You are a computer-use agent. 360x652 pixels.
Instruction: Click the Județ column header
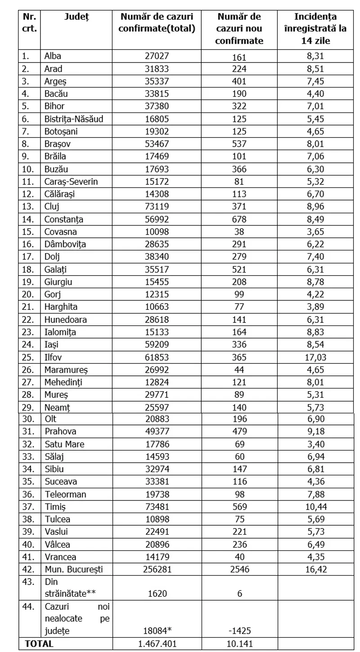tap(76, 17)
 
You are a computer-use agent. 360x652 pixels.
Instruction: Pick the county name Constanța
tap(64, 219)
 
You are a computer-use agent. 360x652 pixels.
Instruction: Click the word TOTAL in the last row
tap(39, 643)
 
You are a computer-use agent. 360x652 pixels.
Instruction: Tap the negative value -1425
tap(239, 632)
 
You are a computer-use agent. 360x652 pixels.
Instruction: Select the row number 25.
tap(28, 357)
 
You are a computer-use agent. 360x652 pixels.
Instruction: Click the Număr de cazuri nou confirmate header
tap(239, 29)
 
